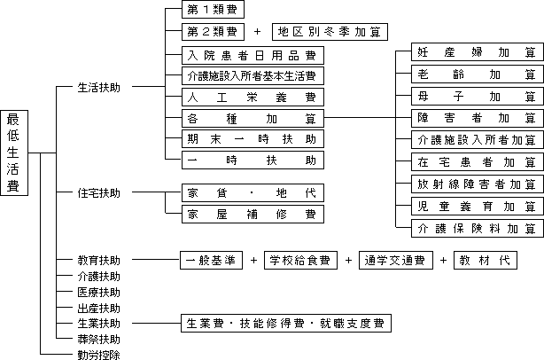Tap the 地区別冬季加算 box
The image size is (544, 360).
[x=329, y=33]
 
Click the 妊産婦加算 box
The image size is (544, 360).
[x=478, y=53]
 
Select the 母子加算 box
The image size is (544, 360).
[x=478, y=96]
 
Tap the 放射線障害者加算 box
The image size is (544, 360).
[x=478, y=184]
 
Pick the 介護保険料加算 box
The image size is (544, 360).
[x=478, y=228]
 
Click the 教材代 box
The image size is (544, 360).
[x=484, y=261]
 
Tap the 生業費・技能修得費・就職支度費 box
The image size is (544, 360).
[x=285, y=323]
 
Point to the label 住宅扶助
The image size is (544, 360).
[x=98, y=192]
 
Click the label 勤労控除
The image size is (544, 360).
[x=98, y=355]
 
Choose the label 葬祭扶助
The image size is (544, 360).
[x=98, y=339]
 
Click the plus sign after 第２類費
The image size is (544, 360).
[x=257, y=33]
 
